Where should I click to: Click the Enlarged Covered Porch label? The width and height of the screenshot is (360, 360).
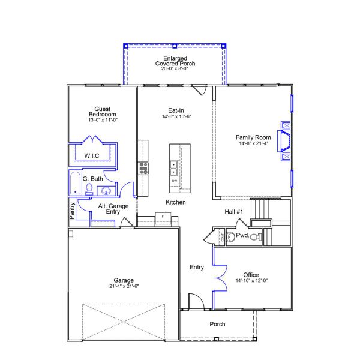click(175, 61)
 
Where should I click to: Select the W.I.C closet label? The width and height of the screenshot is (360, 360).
click(92, 156)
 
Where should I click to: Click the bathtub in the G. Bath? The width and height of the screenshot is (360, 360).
click(74, 184)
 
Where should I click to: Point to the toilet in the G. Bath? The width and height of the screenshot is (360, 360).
click(89, 190)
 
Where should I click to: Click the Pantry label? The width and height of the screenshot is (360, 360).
click(71, 211)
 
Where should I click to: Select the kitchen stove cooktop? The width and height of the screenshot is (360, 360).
click(144, 167)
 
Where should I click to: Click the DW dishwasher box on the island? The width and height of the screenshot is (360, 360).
click(175, 181)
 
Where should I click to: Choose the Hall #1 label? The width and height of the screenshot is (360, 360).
click(233, 211)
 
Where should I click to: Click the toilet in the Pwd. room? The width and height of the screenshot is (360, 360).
click(254, 237)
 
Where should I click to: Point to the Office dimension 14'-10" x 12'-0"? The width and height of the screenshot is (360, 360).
click(251, 280)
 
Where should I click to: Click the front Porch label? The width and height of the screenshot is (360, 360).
click(217, 324)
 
